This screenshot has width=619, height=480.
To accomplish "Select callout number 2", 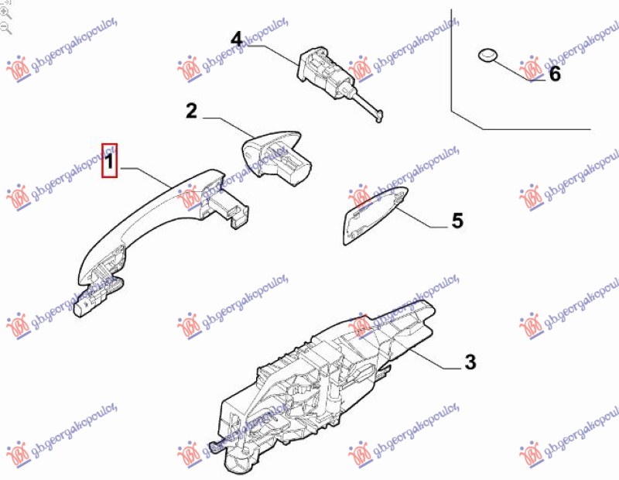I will (191, 111).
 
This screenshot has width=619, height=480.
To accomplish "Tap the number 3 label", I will (470, 362).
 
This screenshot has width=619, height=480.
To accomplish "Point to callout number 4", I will (236, 38).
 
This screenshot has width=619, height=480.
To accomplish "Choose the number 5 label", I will (457, 221).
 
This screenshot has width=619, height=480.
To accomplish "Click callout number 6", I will (553, 74).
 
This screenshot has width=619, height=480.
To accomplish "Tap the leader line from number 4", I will (271, 48).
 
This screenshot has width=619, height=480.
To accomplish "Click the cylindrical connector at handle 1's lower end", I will (84, 307).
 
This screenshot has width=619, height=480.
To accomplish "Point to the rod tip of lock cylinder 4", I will (378, 117).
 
